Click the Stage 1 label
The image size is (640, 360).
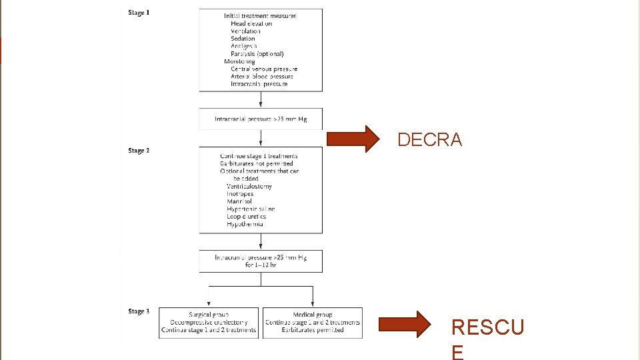pos(139,13)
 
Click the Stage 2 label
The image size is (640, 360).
pos(139,151)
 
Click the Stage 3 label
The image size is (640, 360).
pos(139,311)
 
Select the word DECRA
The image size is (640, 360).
pos(429,139)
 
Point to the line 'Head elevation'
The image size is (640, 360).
pos(251,23)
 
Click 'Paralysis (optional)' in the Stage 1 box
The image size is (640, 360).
pos(257,54)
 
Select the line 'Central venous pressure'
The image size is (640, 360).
pos(264,69)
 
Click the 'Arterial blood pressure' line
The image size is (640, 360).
pos(262,77)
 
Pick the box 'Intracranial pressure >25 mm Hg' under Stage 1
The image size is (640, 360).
pos(260,119)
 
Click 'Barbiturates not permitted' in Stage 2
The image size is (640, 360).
pos(257,163)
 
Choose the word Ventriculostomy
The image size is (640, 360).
pos(249,187)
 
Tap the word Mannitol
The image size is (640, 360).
pos(239,201)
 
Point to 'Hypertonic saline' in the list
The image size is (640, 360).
pos(251,209)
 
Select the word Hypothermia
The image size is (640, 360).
pos(245,224)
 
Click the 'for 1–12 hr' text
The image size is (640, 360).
pos(260,265)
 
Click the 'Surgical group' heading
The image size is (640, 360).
pos(209,315)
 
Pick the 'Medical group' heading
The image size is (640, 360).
pos(313,315)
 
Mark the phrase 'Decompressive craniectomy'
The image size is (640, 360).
pos(209,323)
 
